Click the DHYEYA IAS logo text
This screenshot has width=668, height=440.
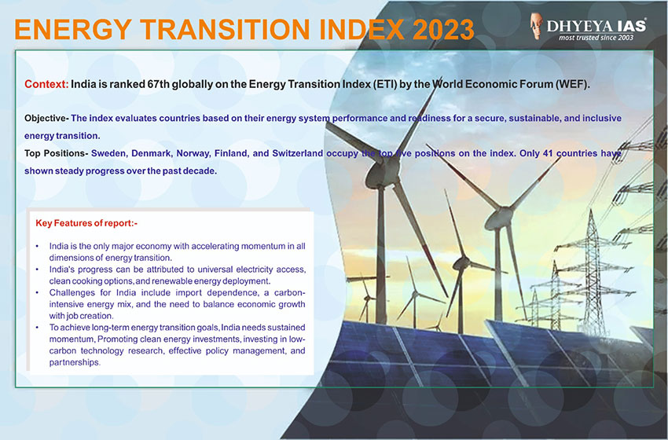[x=596, y=26]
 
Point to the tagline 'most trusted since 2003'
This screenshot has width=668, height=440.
[x=596, y=38]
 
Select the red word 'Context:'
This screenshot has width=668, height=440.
[x=46, y=84]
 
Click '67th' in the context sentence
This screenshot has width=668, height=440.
[x=158, y=84]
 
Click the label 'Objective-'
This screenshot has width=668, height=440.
[x=46, y=119]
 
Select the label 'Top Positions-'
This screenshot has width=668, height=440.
[x=57, y=153]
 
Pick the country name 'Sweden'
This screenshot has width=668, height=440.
[x=108, y=153]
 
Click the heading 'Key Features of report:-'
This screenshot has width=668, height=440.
[x=86, y=223]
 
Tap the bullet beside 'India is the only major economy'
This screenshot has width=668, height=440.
[x=38, y=246]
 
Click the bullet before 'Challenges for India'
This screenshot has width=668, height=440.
[x=38, y=292]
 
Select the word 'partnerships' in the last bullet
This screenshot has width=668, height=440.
[x=74, y=363]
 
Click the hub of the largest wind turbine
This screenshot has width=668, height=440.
[x=380, y=174]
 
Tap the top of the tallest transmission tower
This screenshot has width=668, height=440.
[x=591, y=210]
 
